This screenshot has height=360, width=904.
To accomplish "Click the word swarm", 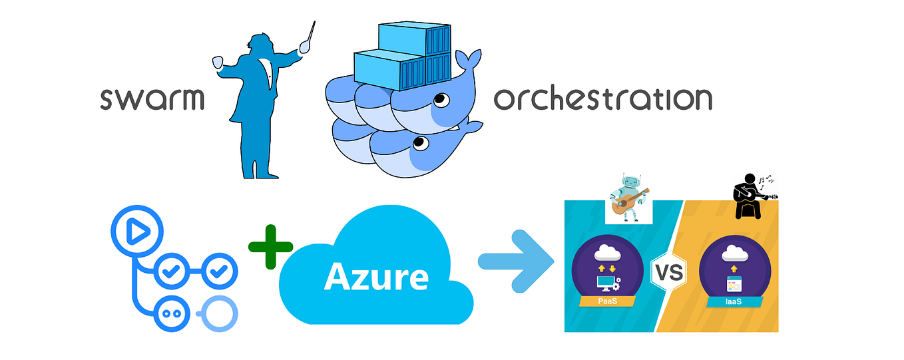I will point(152,98).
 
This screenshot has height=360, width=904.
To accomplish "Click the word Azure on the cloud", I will point(376,276).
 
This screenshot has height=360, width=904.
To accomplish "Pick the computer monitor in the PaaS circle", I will point(605,283).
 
